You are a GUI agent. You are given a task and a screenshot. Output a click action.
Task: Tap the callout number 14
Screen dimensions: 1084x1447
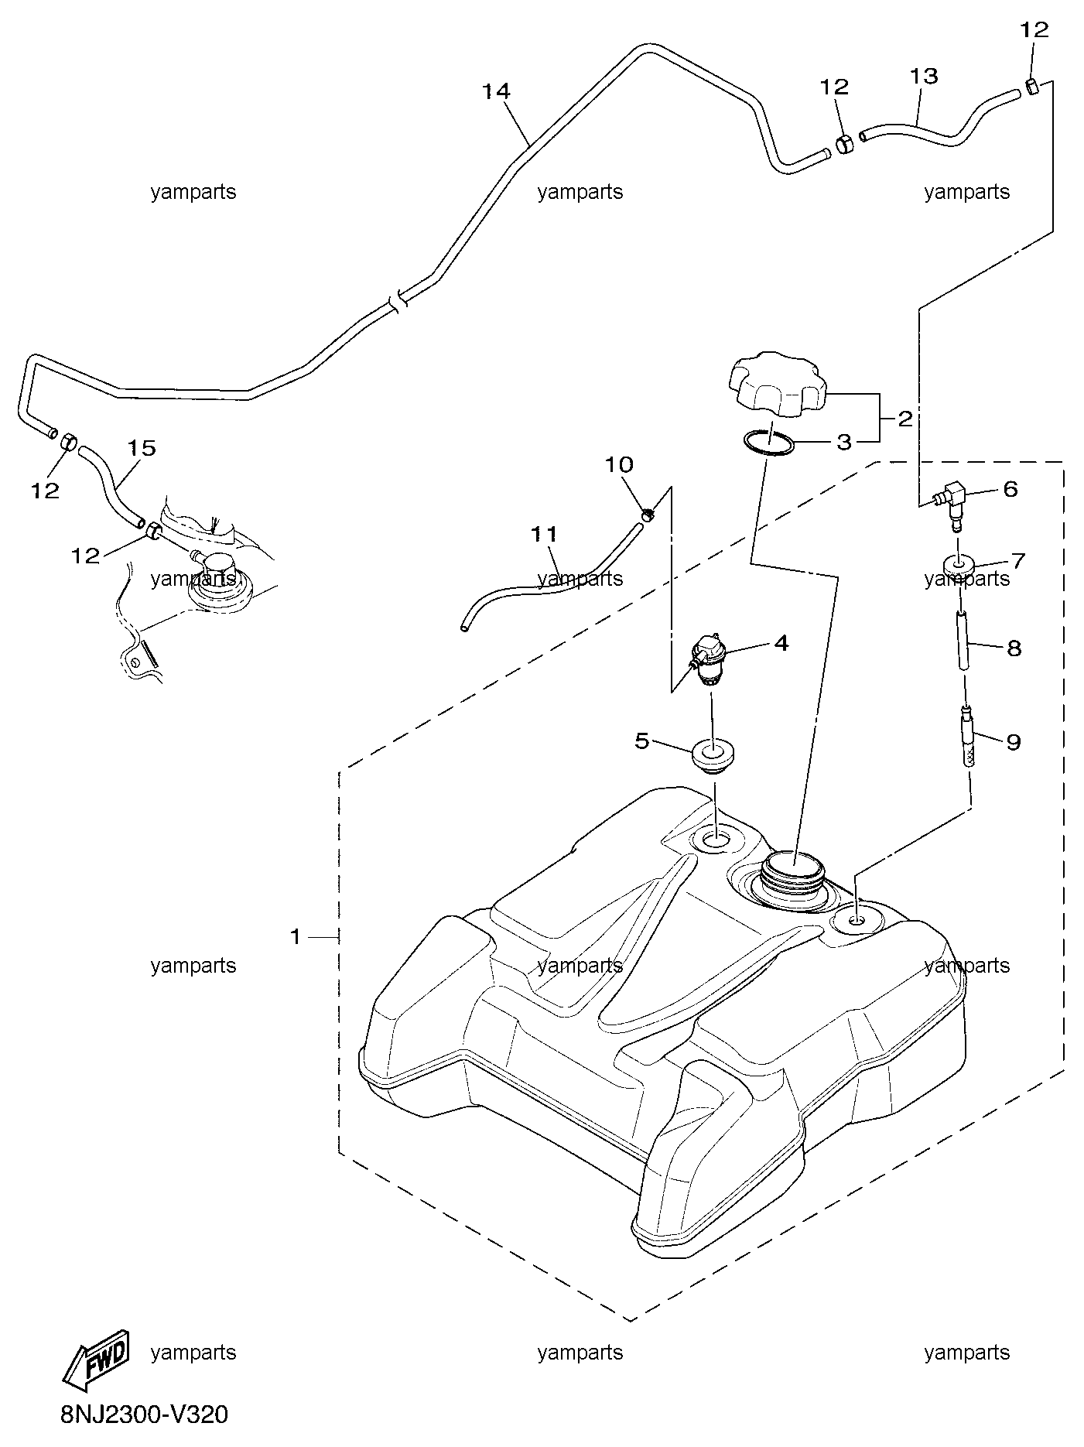[495, 91]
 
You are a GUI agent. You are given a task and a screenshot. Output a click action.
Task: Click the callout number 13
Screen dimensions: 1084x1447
[924, 76]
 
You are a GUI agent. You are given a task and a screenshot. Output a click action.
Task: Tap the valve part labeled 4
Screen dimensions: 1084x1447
[710, 660]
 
